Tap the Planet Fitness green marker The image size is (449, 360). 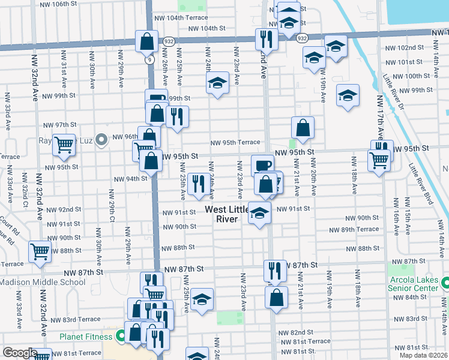pyautogui.click(x=120, y=337)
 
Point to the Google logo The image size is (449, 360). pyautogui.click(x=20, y=353)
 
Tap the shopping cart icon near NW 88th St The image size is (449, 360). pyautogui.click(x=40, y=252)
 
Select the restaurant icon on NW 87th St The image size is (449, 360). pyautogui.click(x=275, y=270)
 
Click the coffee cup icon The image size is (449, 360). pyautogui.click(x=262, y=165)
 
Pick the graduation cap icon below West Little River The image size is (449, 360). pyautogui.click(x=259, y=214)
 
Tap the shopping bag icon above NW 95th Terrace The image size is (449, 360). pyautogui.click(x=303, y=128)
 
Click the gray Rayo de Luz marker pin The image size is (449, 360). pyautogui.click(x=101, y=140)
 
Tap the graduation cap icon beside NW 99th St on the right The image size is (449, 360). pyautogui.click(x=348, y=95)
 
